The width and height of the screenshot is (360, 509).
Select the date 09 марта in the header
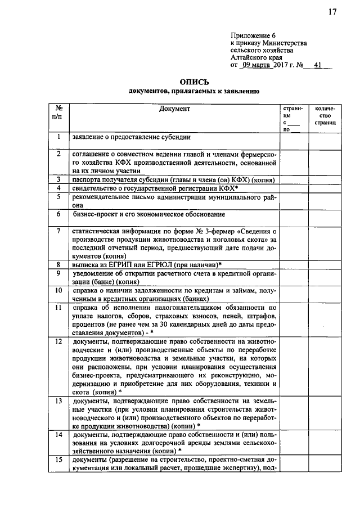coord(256,65)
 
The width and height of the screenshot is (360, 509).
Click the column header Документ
coord(174,109)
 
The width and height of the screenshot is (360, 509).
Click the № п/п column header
coord(57,113)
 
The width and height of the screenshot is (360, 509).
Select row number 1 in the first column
coord(58,137)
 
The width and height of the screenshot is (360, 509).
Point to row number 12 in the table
coord(58,341)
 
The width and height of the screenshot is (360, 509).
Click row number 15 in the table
coord(58,461)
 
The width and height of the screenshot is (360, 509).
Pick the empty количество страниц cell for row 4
coord(325,188)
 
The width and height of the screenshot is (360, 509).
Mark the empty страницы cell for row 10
coord(294,295)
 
